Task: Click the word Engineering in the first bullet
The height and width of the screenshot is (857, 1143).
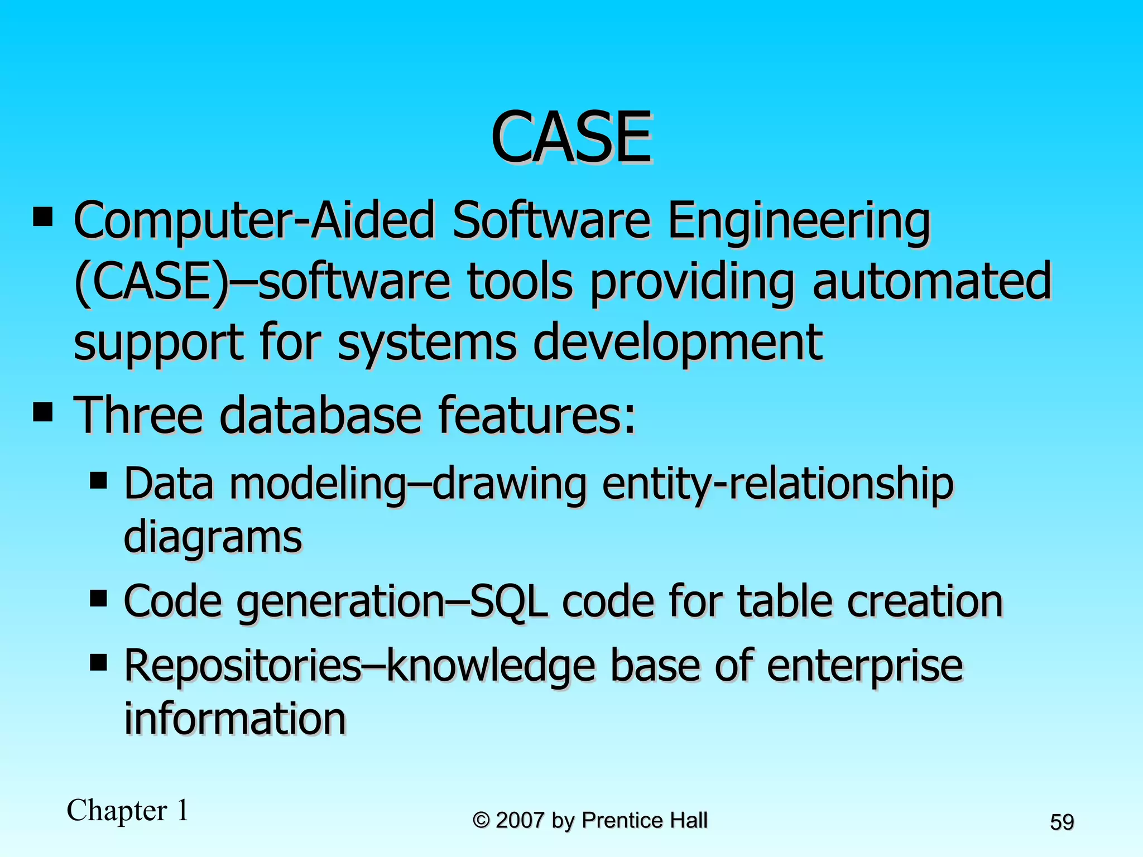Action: (x=799, y=222)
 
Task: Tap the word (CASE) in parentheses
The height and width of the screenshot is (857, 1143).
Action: (x=151, y=282)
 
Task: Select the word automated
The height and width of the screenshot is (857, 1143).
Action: (x=931, y=282)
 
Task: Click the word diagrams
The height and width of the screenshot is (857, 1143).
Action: (x=213, y=537)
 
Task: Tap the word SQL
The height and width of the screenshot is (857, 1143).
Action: (x=508, y=601)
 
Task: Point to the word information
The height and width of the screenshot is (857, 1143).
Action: (x=235, y=718)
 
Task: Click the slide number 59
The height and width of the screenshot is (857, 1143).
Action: (x=1062, y=822)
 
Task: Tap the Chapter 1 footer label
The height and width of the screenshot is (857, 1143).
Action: (x=128, y=810)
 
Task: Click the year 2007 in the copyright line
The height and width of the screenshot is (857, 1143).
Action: (x=520, y=821)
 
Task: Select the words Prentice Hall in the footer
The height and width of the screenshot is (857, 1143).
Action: (x=644, y=821)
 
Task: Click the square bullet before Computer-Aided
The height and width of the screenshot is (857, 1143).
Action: (x=43, y=217)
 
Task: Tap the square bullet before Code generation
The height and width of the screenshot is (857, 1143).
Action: (x=98, y=599)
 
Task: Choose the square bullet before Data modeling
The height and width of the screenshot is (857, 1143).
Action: (x=98, y=480)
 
